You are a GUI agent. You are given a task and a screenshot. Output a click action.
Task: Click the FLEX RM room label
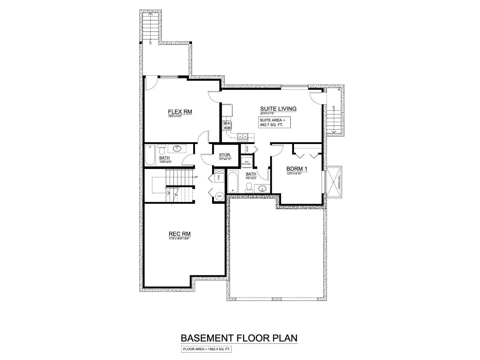180,112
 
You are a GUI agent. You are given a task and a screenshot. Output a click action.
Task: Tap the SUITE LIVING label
278,109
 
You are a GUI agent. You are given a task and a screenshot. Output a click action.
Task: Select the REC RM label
180,234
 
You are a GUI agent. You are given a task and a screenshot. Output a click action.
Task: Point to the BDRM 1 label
297,169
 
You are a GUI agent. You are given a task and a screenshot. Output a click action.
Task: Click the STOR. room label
225,155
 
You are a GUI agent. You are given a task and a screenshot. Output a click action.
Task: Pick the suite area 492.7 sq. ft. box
275,122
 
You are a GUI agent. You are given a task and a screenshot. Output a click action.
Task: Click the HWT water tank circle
219,196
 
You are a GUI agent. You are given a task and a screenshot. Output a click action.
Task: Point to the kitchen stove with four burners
226,125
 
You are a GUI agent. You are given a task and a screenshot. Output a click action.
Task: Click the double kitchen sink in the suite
242,137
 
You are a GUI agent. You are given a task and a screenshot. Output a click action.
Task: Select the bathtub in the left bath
150,155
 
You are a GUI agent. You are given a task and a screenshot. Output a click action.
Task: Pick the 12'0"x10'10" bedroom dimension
294,174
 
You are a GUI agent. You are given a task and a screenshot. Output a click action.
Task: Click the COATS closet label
247,148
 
